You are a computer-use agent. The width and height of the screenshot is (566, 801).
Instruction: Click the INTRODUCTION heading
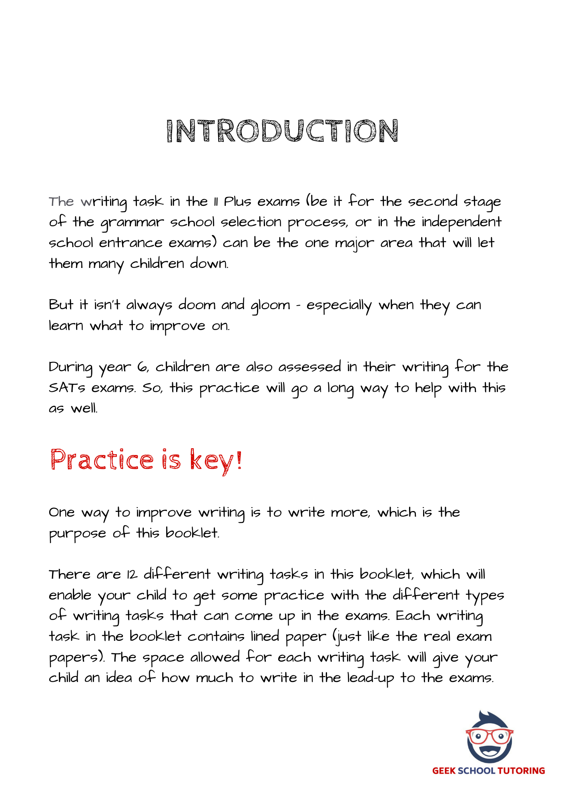282,131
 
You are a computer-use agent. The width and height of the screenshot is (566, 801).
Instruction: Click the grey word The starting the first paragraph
61,201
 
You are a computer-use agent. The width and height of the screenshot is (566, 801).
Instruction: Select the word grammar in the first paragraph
132,223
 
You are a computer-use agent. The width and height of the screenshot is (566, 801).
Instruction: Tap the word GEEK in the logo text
444,771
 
